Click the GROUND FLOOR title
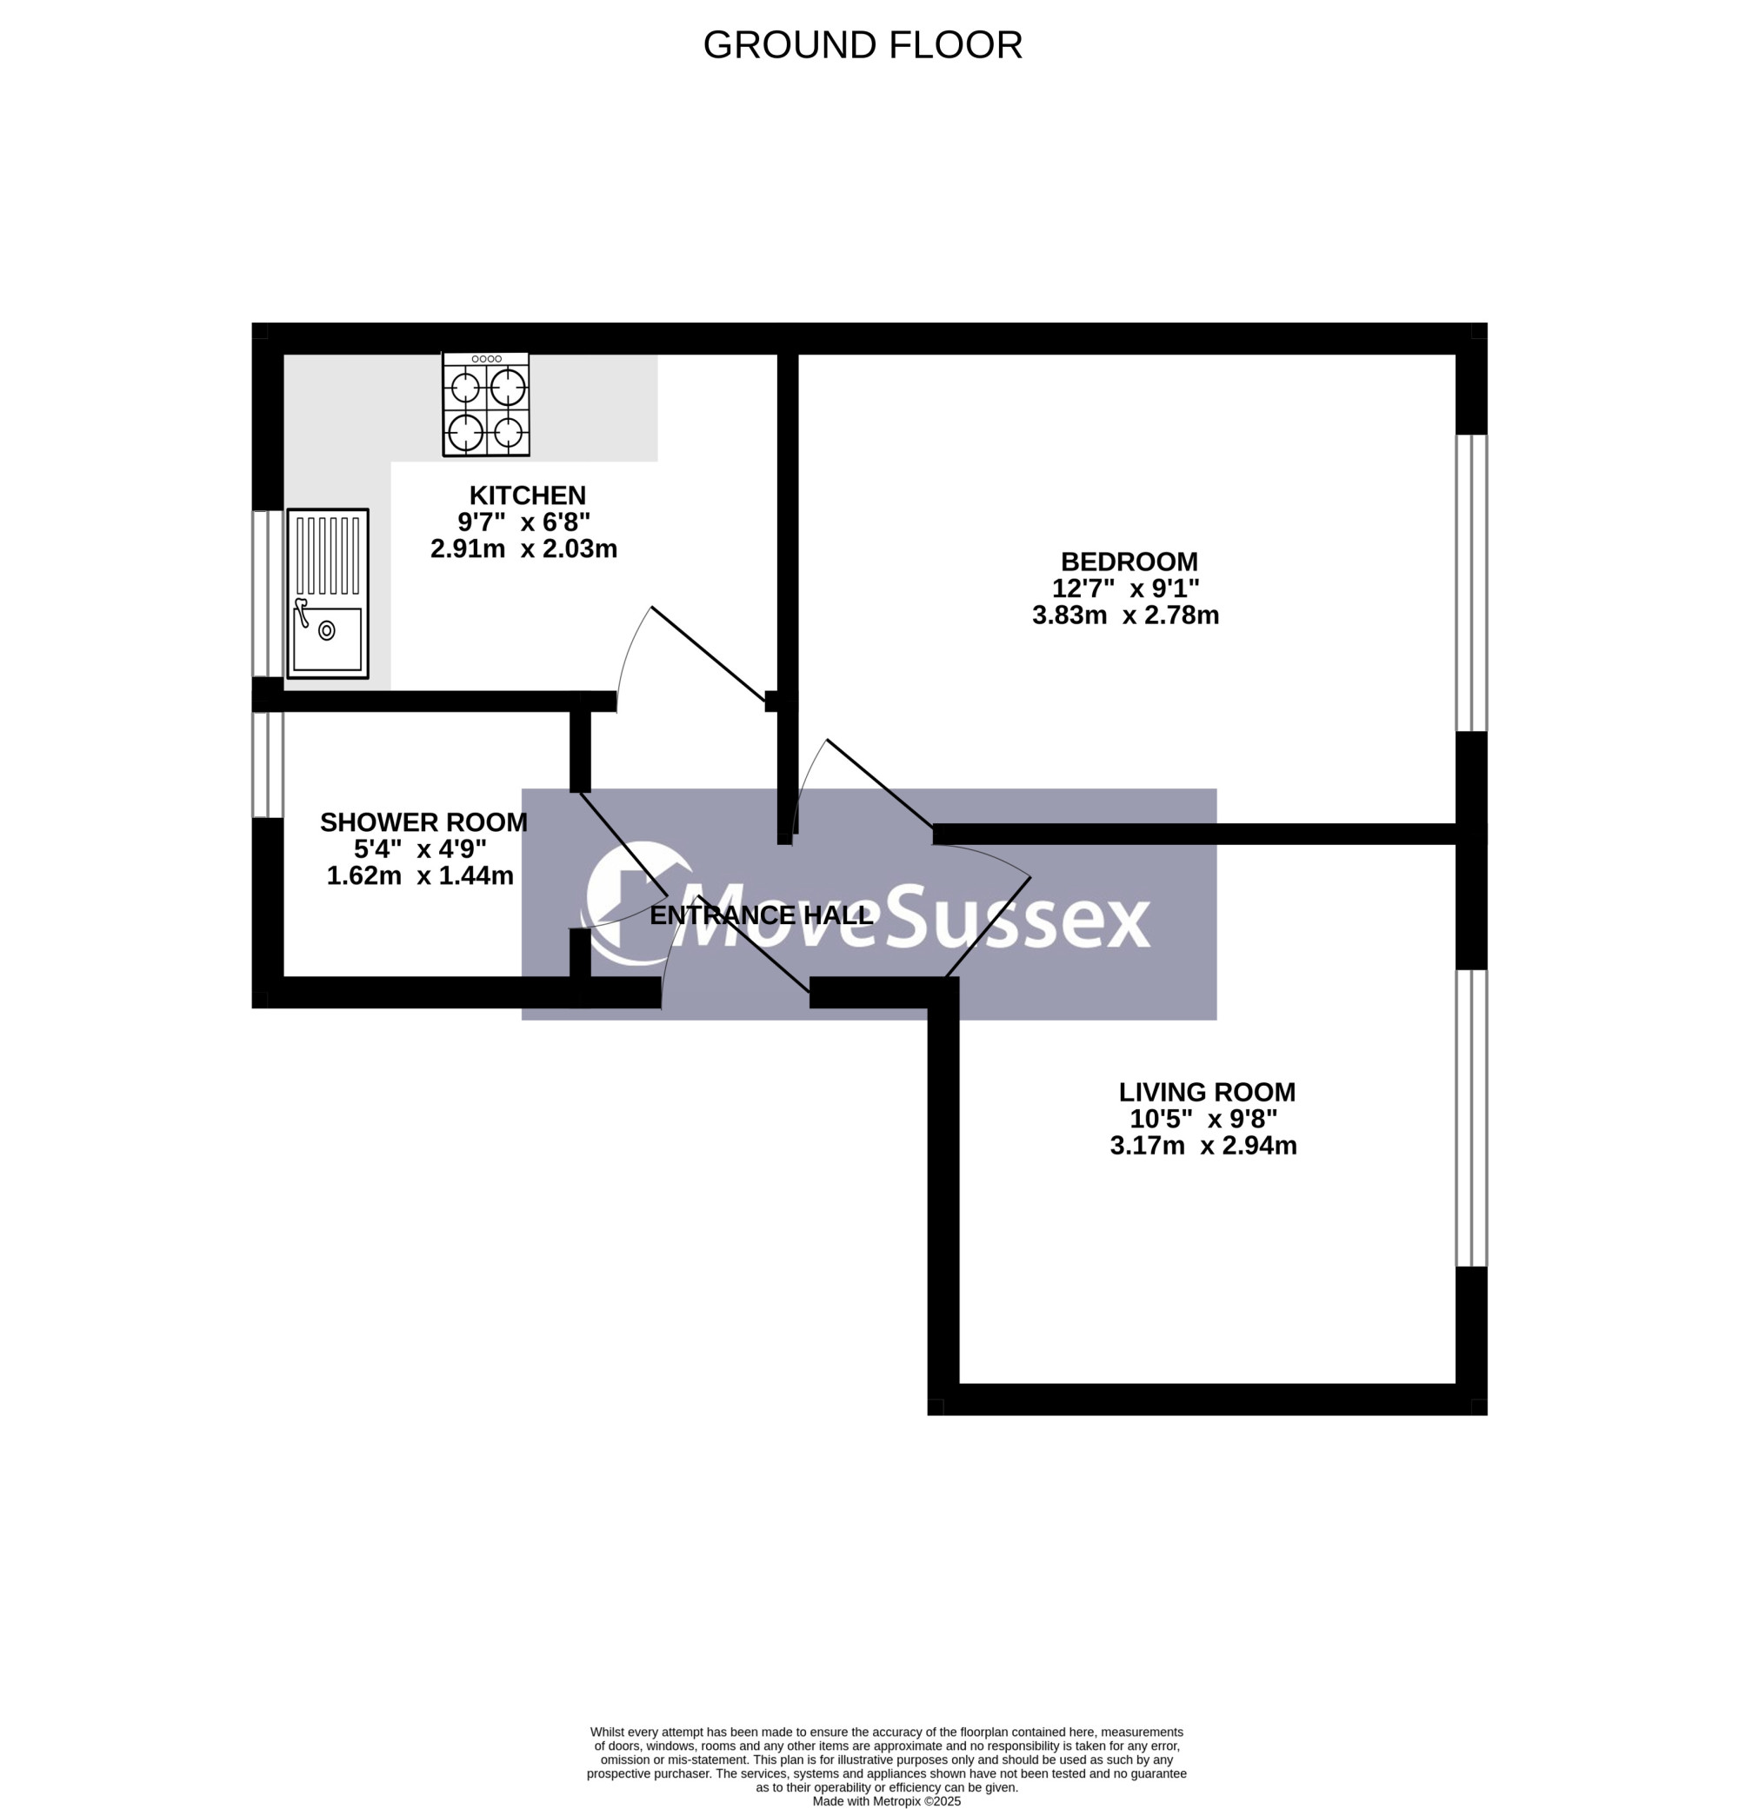[863, 45]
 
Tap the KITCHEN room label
[527, 495]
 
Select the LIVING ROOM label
[1206, 1092]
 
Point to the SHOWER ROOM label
[423, 821]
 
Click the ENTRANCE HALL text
[761, 914]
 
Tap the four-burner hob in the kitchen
[486, 404]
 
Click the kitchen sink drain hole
[327, 630]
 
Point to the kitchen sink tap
[301, 612]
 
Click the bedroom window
[1471, 583]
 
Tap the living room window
[1471, 1118]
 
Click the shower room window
[268, 765]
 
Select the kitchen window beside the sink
[268, 594]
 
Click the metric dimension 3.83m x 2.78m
[1125, 615]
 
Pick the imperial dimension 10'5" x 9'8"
[1203, 1119]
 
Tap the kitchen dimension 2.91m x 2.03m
[523, 549]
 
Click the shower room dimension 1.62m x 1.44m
[420, 875]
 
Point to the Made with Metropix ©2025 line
[886, 1800]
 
